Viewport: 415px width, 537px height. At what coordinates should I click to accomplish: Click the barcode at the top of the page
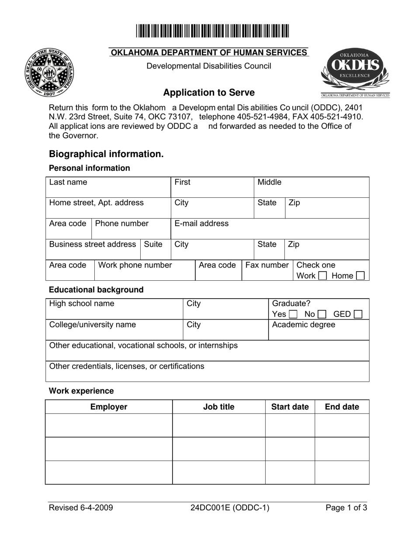(212, 31)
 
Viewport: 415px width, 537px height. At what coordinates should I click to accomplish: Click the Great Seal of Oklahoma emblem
(49, 72)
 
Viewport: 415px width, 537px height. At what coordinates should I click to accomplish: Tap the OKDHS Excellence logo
(355, 72)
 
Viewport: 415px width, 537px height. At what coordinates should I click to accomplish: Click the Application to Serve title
(209, 93)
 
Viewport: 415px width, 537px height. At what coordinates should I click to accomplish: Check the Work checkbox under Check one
(322, 276)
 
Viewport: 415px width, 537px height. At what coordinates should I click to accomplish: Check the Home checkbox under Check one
(360, 276)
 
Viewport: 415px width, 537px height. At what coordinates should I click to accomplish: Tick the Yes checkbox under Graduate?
(294, 314)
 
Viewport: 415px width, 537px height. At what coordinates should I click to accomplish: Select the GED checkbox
(358, 314)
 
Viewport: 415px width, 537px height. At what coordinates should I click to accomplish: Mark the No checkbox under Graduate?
(322, 314)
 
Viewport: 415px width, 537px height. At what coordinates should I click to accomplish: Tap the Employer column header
(109, 407)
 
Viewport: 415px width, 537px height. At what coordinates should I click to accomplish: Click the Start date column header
(290, 407)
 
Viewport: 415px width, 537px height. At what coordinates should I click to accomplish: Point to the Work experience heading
(81, 391)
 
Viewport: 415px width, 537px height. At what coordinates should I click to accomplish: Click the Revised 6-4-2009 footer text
(81, 508)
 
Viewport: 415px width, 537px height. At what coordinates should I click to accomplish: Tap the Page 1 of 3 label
(346, 508)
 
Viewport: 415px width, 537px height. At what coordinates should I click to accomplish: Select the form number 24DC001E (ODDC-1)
(230, 508)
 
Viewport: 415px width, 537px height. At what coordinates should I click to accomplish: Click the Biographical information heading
(106, 154)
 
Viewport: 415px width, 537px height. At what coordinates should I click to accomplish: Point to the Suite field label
(153, 244)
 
